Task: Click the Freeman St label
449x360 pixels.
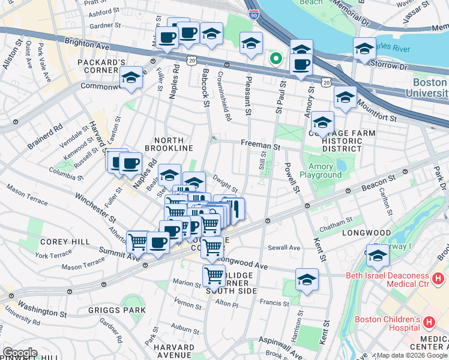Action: click(261, 146)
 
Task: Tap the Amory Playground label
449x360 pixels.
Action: click(324, 170)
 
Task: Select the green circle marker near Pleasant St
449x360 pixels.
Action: click(276, 58)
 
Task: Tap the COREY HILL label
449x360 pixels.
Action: click(57, 241)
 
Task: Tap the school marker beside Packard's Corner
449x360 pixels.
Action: click(131, 77)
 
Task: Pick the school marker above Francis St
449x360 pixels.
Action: click(307, 279)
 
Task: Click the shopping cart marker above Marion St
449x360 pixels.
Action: click(214, 275)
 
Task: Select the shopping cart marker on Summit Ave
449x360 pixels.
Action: click(138, 242)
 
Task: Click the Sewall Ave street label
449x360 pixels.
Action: click(284, 247)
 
